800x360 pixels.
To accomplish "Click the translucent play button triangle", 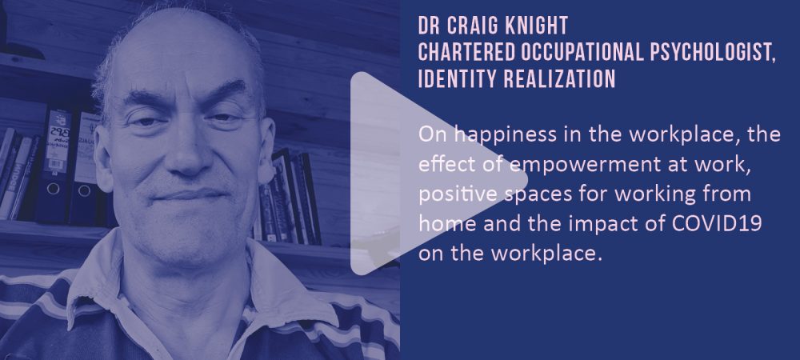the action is coord(429,174).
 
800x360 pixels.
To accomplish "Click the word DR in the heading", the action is coord(429,25).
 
